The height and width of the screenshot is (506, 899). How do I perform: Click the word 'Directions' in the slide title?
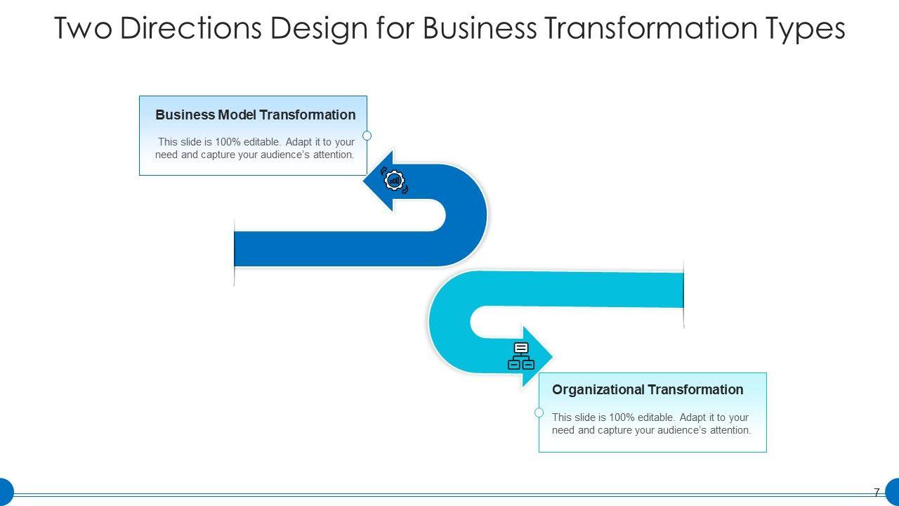click(x=188, y=29)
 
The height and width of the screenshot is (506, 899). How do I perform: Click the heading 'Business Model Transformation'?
click(x=255, y=115)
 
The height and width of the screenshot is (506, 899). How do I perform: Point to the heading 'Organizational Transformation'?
click(x=647, y=389)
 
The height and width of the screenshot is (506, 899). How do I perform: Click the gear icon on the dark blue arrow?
click(x=395, y=181)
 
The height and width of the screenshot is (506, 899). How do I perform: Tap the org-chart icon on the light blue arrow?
click(x=520, y=356)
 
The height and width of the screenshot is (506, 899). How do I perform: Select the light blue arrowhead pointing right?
click(x=537, y=357)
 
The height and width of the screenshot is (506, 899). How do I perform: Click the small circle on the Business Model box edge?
click(x=367, y=136)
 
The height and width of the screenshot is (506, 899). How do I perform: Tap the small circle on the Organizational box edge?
click(x=539, y=413)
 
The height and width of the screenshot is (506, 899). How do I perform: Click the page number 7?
click(x=877, y=493)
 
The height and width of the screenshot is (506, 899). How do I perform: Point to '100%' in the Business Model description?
click(x=228, y=141)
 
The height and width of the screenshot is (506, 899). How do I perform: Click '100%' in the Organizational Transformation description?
click(x=622, y=417)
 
